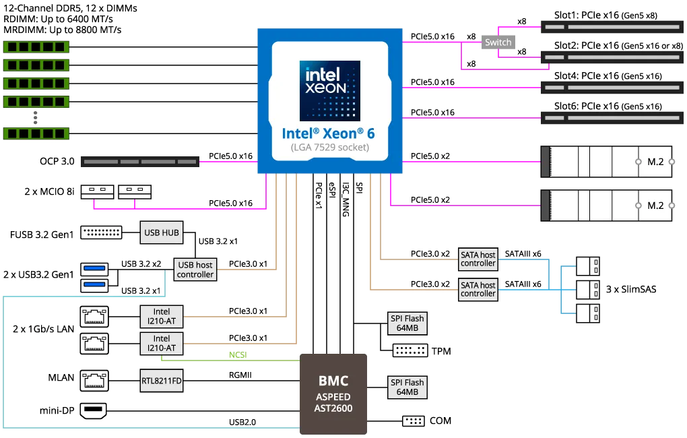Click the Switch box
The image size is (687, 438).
click(498, 42)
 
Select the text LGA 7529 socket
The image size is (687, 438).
click(329, 148)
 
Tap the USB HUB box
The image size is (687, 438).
click(162, 233)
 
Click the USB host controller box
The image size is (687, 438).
click(195, 270)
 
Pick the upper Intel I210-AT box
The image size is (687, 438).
click(162, 316)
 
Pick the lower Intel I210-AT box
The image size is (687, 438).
click(162, 343)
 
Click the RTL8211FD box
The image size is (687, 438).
click(162, 381)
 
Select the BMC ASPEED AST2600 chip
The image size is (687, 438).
click(334, 394)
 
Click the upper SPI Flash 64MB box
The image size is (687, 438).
click(407, 323)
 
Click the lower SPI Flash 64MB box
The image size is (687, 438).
click(407, 387)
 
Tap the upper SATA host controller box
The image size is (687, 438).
click(478, 259)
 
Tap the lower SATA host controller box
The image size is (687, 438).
click(478, 289)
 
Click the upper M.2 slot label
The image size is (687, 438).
click(655, 162)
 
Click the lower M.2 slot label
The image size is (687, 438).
click(655, 206)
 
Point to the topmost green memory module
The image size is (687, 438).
click(36, 47)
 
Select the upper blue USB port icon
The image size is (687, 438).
click(94, 269)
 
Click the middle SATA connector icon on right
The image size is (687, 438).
click(589, 290)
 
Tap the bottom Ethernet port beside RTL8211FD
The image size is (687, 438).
click(94, 381)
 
